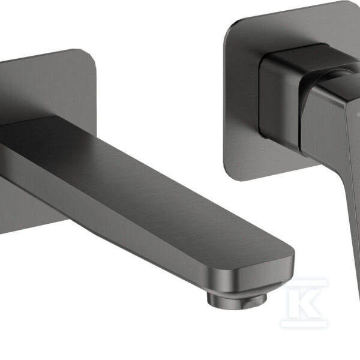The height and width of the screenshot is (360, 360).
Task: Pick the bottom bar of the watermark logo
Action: [x=304, y=324]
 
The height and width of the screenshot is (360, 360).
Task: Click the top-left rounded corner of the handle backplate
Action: [x=231, y=28]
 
